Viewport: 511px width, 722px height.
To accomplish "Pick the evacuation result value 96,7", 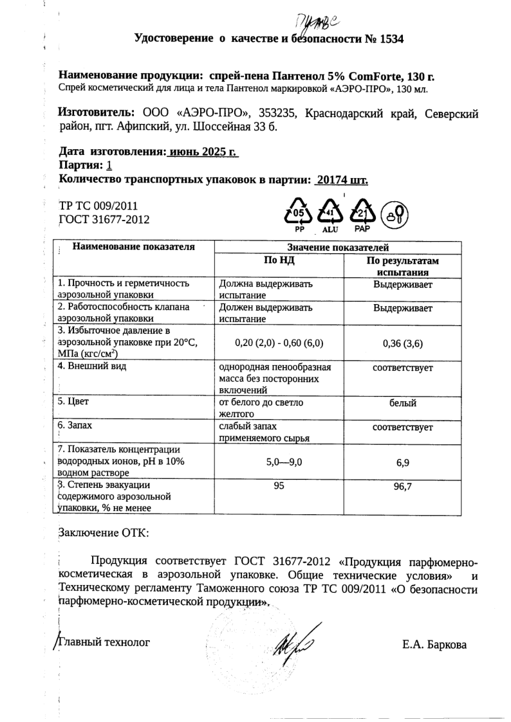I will coord(402,487).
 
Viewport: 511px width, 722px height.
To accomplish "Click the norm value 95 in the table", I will coord(279,486).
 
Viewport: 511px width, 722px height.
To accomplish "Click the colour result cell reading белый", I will coord(403,403).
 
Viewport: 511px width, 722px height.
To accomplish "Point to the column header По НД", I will coord(279,260).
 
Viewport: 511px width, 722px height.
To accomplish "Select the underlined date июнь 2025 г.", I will coord(203,152).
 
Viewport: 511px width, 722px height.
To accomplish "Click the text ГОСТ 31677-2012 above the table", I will coord(104,220).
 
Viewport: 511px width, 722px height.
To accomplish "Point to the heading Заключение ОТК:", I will coord(103,533).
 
